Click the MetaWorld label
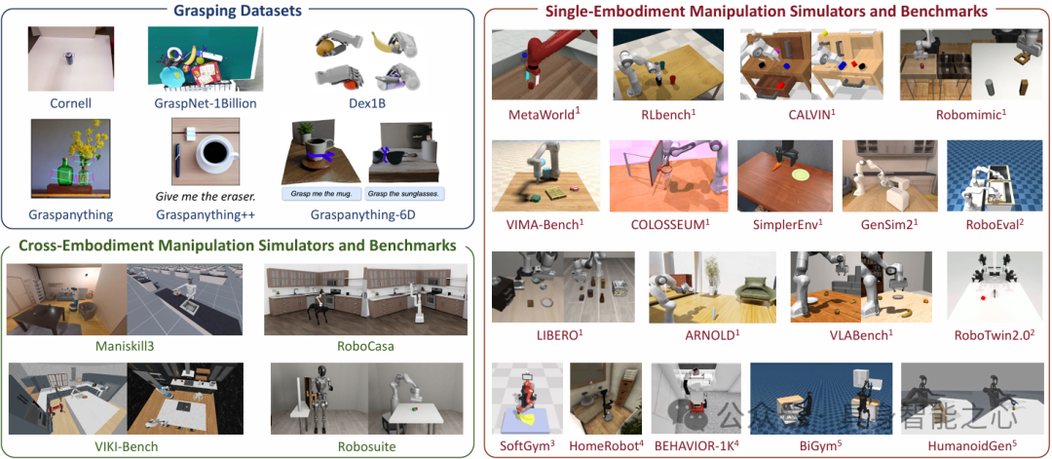click(x=544, y=114)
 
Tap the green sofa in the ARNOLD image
click(x=753, y=290)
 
